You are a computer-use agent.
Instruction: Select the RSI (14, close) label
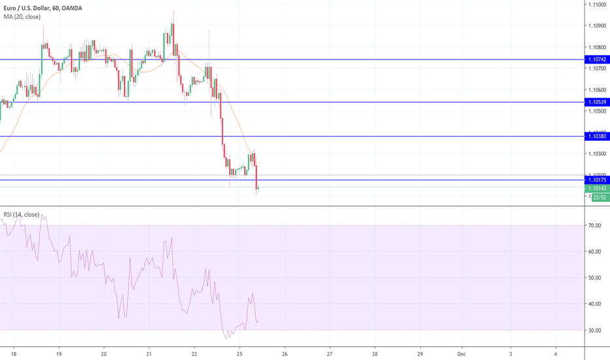(21, 214)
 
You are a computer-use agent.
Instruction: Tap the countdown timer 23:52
(598, 196)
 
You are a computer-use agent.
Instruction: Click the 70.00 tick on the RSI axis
(595, 226)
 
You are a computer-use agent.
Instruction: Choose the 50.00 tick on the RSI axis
(595, 278)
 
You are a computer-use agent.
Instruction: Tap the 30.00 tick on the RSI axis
(595, 330)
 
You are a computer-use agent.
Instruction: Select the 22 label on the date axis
(194, 353)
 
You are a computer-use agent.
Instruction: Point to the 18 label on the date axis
(14, 353)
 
